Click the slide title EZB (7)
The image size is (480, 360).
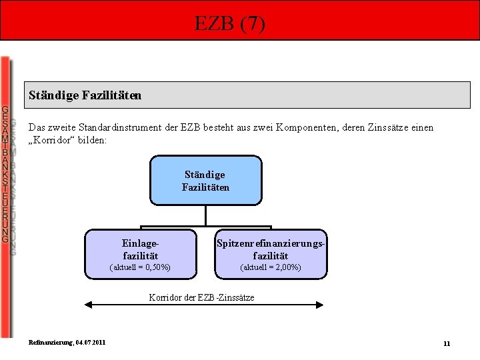point(230,24)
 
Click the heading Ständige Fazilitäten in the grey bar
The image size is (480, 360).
point(85,95)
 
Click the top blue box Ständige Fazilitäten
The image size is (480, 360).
point(205,181)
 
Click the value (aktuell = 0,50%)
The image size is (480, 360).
point(140,267)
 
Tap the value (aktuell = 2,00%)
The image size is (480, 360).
point(271,267)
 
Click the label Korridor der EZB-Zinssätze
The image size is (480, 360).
point(201,297)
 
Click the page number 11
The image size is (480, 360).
point(447,343)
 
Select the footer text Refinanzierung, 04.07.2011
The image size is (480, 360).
point(67,343)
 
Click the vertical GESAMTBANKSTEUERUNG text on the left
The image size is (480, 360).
point(5,174)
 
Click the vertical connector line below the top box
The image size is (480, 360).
point(205,215)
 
